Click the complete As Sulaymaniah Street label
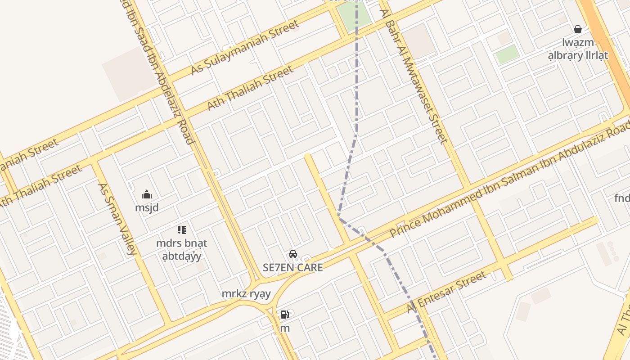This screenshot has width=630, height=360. tap(245, 48)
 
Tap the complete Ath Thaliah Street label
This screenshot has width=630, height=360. tap(250, 88)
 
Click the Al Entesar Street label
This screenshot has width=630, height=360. tap(446, 292)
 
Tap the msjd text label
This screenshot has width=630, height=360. tap(147, 208)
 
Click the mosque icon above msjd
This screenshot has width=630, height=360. tap(147, 195)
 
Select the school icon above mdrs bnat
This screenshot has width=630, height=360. tap(181, 230)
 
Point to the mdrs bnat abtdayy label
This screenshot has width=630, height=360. tap(181, 250)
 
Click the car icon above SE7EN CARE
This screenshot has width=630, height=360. tap(293, 254)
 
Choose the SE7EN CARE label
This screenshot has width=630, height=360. tap(293, 268)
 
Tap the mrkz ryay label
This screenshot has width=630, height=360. tap(246, 294)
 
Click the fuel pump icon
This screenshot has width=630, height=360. tap(284, 315)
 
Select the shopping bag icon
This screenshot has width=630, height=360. tap(578, 30)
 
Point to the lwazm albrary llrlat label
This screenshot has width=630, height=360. tap(578, 49)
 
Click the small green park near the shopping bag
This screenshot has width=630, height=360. tap(507, 54)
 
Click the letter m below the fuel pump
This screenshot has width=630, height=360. tap(285, 328)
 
